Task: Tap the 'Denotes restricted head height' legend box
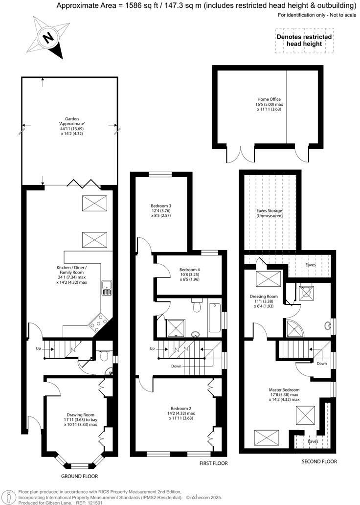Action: pyautogui.click(x=304, y=40)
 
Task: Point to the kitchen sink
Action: pyautogui.click(x=106, y=289)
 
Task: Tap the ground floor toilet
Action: pyautogui.click(x=103, y=356)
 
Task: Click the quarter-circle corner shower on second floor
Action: pyautogui.click(x=294, y=326)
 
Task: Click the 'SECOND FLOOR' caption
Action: pyautogui.click(x=320, y=461)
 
